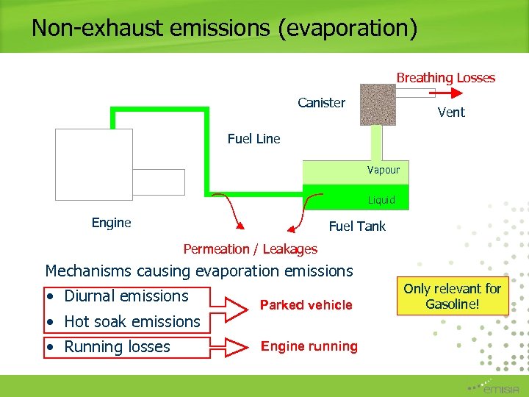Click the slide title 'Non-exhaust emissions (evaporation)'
[x=224, y=28]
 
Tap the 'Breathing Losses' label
[x=445, y=78]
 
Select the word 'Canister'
[x=321, y=103]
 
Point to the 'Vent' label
[x=451, y=112]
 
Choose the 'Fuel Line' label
[x=253, y=139]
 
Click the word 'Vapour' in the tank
[x=384, y=170]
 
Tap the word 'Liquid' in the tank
[x=381, y=200]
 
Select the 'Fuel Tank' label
[x=357, y=226]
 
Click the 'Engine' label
[x=111, y=223]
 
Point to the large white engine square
[x=94, y=164]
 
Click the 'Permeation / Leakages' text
[x=250, y=249]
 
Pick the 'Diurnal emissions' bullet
[x=126, y=296]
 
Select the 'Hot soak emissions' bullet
[x=132, y=322]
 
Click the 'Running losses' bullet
[x=117, y=347]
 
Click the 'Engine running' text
[x=309, y=346]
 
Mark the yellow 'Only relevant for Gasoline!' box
[x=452, y=296]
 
